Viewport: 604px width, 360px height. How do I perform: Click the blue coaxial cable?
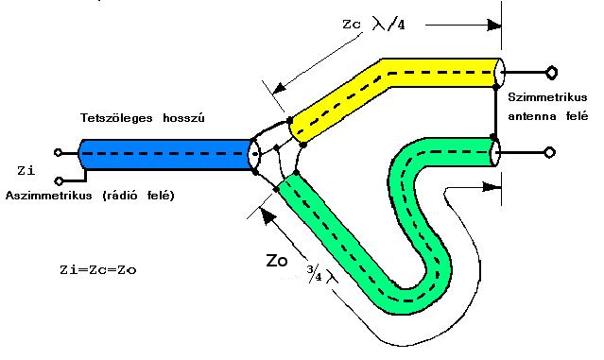coord(165,154)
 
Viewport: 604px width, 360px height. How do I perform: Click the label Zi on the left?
coord(26,170)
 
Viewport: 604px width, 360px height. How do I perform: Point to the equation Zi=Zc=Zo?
coord(98,269)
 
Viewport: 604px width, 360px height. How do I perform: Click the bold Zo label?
coord(277,261)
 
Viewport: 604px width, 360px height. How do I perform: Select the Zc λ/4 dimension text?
coord(373,25)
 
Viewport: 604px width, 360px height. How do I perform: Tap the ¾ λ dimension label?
coord(320,274)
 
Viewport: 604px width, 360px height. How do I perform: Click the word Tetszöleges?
coord(116,118)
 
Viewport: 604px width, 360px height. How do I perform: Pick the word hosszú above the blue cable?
coord(183,117)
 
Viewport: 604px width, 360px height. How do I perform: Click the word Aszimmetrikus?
coord(49,196)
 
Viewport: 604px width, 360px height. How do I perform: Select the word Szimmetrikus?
coord(547,97)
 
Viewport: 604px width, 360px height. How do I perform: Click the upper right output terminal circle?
coord(552,73)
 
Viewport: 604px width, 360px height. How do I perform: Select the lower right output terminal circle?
coord(550,152)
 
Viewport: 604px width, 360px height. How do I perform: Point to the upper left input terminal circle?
coord(59,152)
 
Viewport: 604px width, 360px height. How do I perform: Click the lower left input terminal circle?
coord(59,180)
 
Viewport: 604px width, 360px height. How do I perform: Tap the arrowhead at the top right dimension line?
coord(494,25)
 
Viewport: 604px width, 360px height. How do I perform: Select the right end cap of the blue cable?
coord(254,154)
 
